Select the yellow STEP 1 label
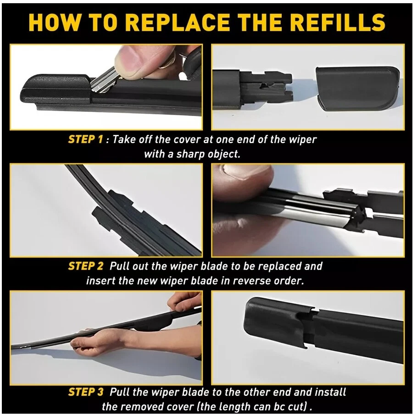(85, 139)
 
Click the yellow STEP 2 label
(85, 266)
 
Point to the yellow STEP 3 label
(85, 392)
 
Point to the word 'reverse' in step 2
(249, 281)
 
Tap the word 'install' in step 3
(330, 392)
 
